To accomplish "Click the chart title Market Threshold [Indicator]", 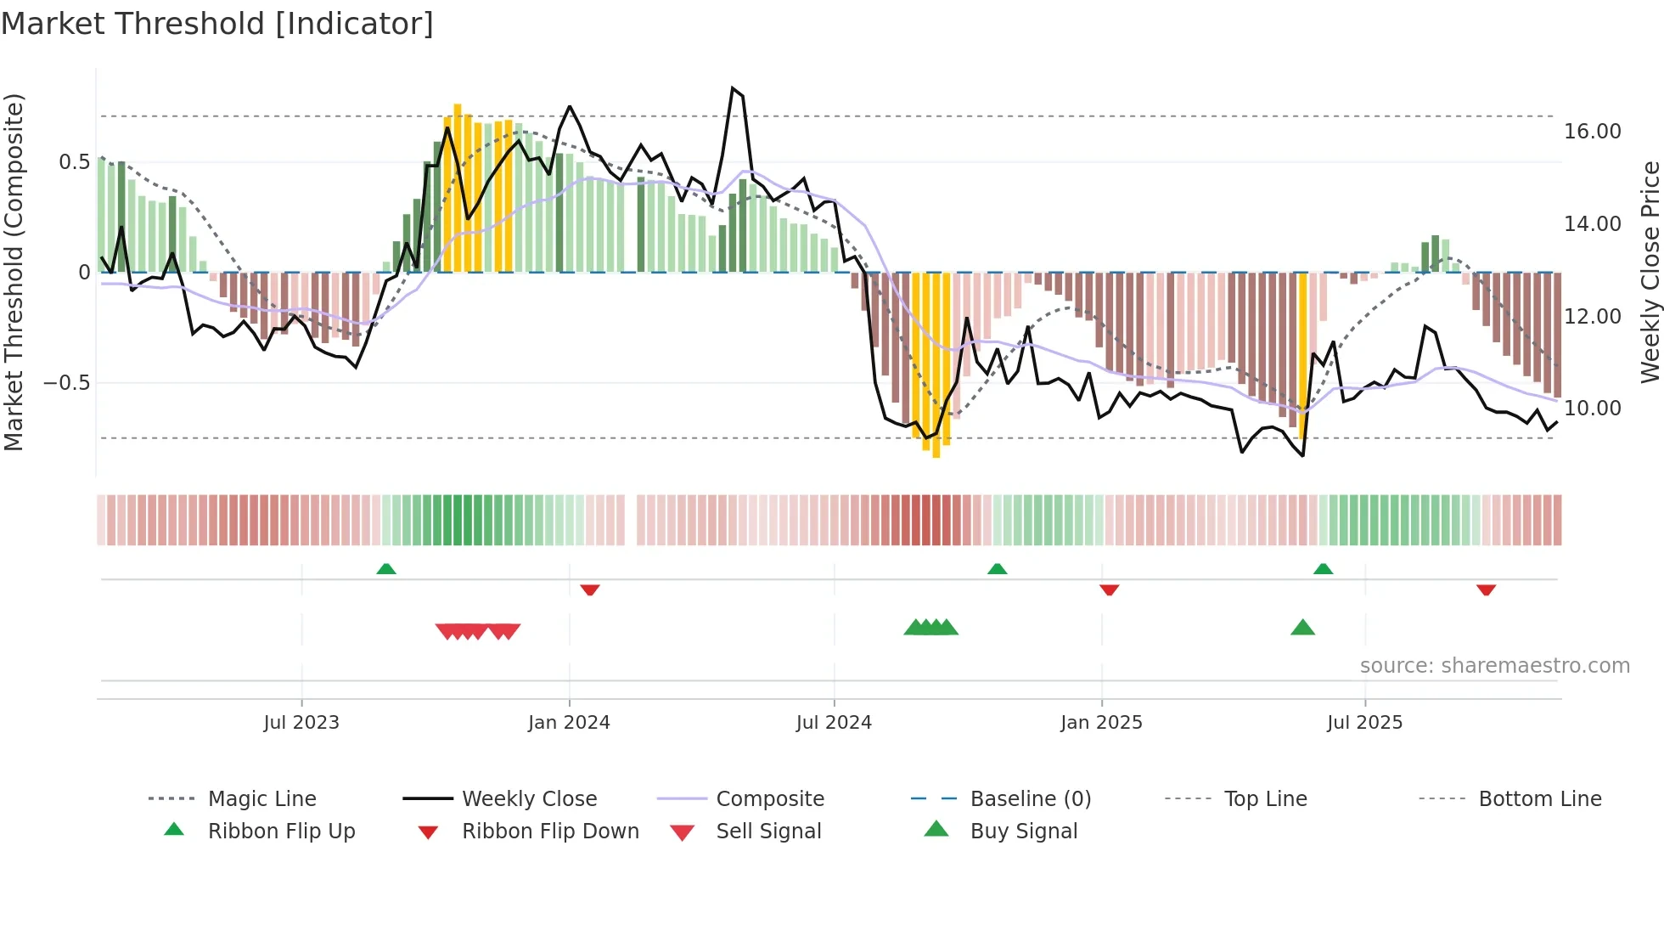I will [217, 24].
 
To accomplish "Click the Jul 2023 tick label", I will [301, 723].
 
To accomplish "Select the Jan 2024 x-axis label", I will [569, 723].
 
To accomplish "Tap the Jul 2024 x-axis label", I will [834, 723].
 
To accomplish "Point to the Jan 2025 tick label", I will [1101, 723].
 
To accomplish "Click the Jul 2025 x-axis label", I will [1365, 723].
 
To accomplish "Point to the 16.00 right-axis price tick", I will [1593, 132].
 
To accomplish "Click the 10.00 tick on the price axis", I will [1593, 409].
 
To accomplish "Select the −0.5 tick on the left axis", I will [66, 383].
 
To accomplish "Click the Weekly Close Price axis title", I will [1650, 272].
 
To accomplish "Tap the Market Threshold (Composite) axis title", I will [14, 272].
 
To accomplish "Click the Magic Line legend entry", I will [261, 799].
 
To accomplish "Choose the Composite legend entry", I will [769, 799].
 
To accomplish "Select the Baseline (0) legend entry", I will [1030, 799].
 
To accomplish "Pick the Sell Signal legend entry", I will [768, 832].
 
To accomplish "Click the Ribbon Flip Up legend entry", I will [281, 832].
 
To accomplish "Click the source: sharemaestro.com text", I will [1494, 666].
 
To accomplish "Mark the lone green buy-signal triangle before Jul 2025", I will [1302, 628].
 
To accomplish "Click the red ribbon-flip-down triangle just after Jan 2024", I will [590, 589].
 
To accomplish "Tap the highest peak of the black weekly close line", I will [733, 88].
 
